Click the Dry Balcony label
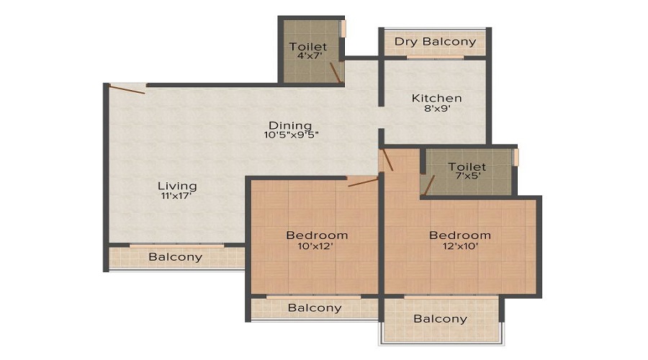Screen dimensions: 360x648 [x=435, y=41]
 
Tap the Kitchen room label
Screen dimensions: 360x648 [x=436, y=98]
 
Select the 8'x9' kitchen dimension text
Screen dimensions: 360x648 [x=436, y=110]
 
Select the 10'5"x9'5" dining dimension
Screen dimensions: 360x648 [x=291, y=135]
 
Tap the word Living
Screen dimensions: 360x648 [x=177, y=186]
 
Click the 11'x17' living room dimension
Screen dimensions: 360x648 [x=177, y=197]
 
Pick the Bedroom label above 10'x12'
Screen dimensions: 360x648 [x=317, y=235]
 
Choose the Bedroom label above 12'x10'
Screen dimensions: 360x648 [x=460, y=235]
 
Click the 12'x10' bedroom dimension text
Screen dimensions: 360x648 [x=460, y=246]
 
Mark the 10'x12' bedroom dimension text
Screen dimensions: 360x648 [x=317, y=246]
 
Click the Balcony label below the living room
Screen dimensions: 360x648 [x=175, y=257]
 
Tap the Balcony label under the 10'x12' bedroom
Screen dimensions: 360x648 [x=315, y=308]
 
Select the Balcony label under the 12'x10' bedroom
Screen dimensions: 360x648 [x=440, y=318]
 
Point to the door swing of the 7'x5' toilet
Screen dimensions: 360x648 [x=429, y=185]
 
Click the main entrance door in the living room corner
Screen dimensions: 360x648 [x=127, y=89]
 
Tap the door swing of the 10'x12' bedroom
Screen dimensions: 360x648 [x=363, y=182]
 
